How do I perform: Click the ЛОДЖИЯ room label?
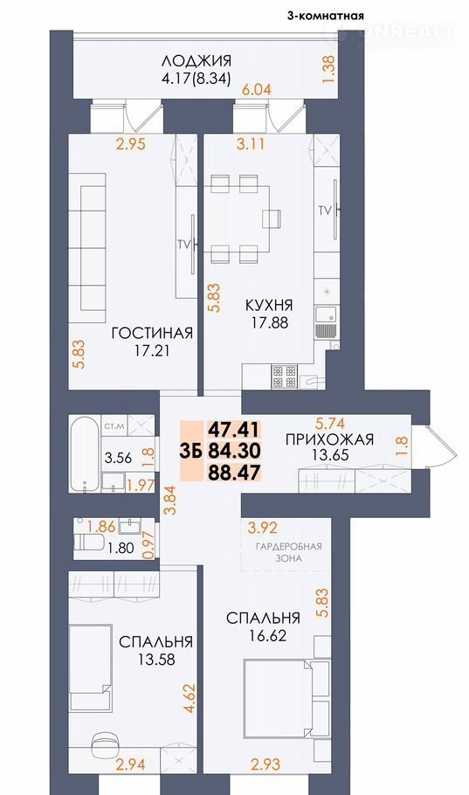197,62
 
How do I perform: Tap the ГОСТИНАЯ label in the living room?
152,333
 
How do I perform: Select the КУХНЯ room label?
269,306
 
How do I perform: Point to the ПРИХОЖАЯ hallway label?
329,439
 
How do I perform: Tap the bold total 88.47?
234,473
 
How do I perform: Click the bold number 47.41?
234,430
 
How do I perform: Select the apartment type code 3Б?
191,451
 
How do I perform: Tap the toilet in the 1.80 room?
88,542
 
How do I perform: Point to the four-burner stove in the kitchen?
284,377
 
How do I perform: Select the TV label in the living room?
183,245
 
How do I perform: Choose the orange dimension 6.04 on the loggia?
257,90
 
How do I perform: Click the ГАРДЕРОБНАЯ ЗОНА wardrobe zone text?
288,552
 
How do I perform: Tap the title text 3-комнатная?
326,16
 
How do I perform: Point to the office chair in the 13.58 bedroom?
105,744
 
